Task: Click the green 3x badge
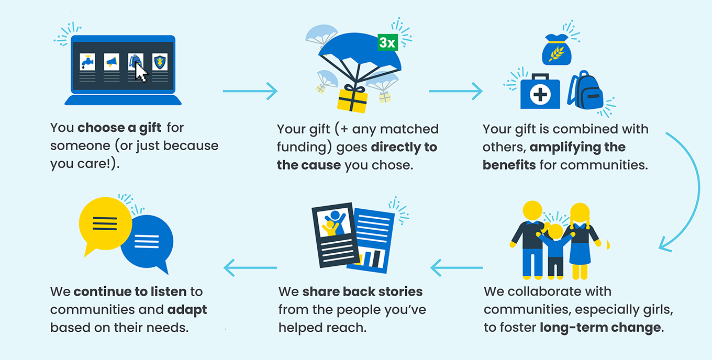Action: point(387,42)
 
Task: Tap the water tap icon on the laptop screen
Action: point(87,62)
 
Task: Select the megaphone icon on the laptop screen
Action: point(112,62)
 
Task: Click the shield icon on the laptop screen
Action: point(160,62)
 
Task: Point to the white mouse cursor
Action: point(140,72)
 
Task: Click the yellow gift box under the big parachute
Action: point(352,99)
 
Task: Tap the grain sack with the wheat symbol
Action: point(557,50)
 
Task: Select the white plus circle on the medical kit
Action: point(540,94)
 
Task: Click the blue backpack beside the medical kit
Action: point(585,90)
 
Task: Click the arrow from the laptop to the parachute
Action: point(250,91)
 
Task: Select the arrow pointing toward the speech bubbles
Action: point(250,268)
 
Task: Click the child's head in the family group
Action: point(555,232)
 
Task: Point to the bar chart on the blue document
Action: point(371,258)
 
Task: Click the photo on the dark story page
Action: point(335,222)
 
